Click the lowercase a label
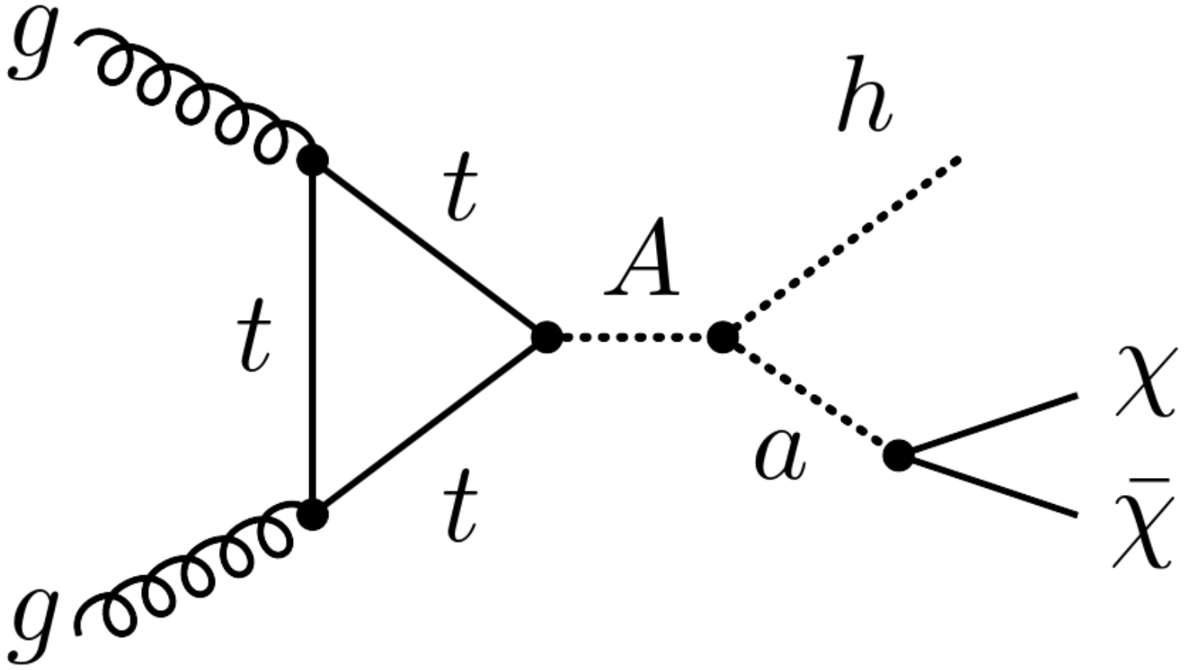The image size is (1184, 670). click(780, 456)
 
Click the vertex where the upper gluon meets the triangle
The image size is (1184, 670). click(313, 160)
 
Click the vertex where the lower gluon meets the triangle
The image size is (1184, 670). click(313, 514)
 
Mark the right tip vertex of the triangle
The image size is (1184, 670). click(547, 338)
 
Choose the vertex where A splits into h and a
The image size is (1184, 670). click(723, 337)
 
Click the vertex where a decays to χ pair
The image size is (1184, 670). click(898, 455)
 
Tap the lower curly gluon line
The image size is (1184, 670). click(193, 571)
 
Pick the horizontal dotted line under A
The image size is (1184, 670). click(634, 338)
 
